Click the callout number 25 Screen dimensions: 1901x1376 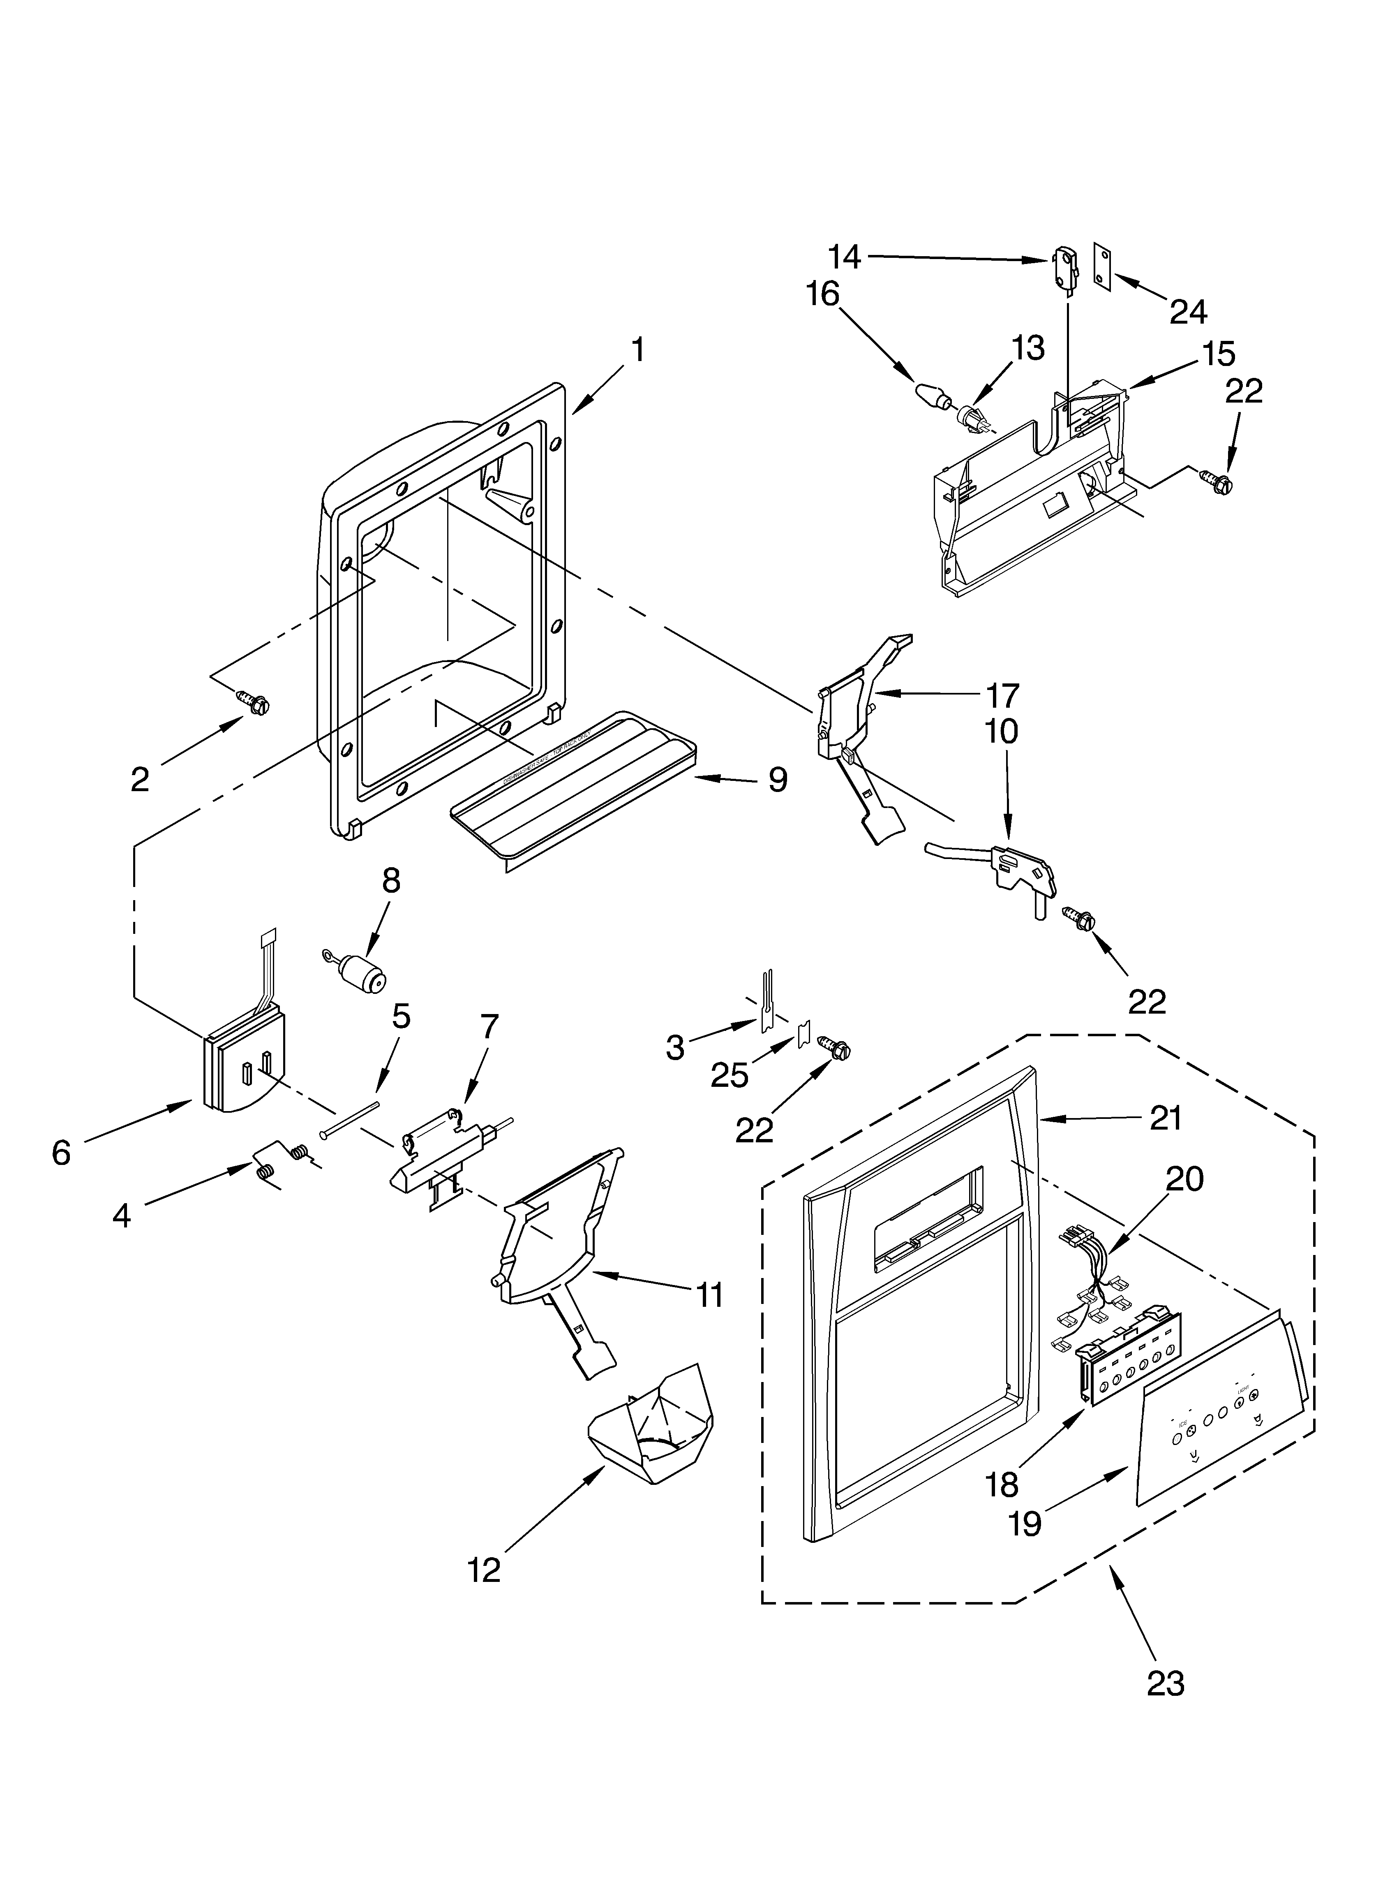[x=729, y=1075]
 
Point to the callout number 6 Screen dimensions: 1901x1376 [x=61, y=1153]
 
